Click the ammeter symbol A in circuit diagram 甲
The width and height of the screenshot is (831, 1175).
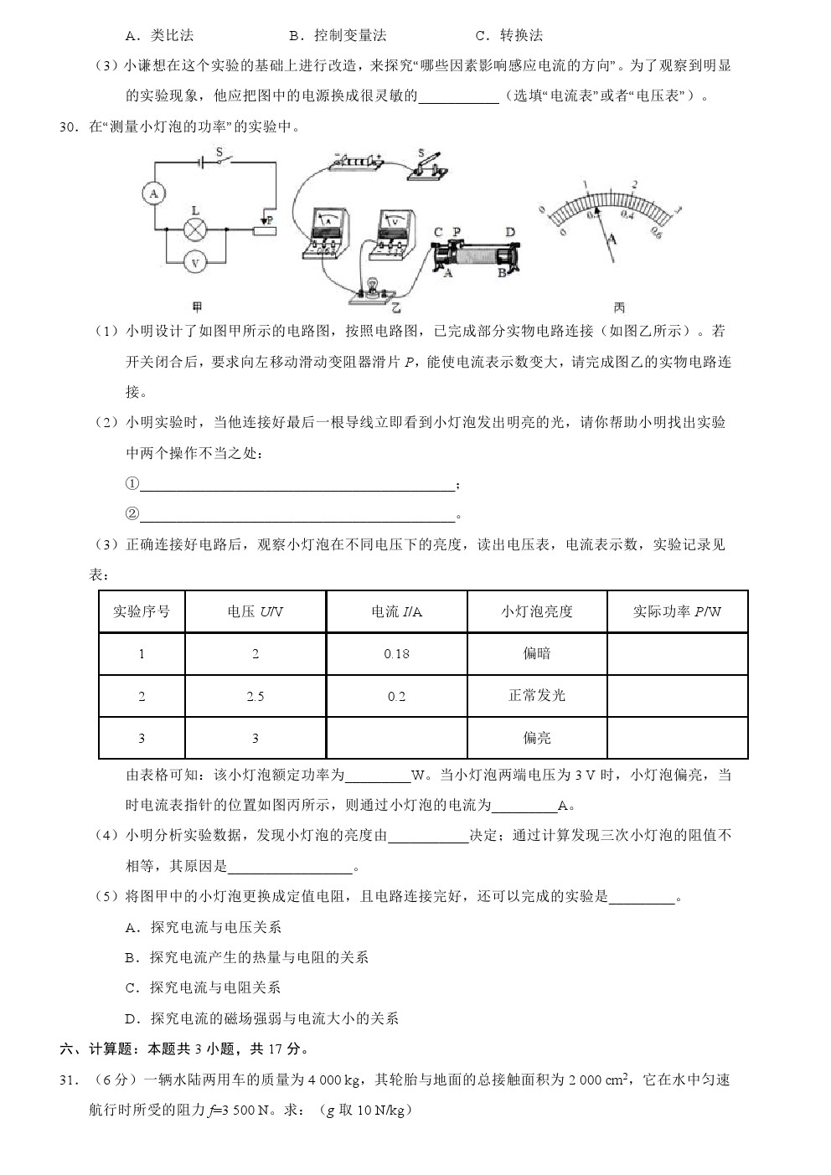(152, 193)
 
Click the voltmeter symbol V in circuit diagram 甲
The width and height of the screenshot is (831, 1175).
(195, 262)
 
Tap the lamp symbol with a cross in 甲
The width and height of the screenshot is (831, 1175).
(195, 229)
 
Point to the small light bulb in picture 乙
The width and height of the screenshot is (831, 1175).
(366, 287)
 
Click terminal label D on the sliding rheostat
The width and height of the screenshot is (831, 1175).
(509, 233)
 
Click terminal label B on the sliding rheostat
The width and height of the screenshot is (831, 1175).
(502, 273)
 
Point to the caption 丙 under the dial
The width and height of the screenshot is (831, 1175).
(619, 307)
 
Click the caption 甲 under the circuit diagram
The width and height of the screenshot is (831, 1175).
(198, 307)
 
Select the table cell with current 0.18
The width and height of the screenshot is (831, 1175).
(396, 654)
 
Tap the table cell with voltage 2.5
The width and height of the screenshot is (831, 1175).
(255, 696)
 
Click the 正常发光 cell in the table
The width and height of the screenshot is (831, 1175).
(537, 696)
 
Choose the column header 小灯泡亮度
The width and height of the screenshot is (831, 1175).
(537, 611)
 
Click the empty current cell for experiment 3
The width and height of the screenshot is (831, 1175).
(396, 738)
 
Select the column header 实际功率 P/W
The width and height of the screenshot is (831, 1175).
(677, 611)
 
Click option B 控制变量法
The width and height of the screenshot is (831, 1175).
(338, 35)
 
